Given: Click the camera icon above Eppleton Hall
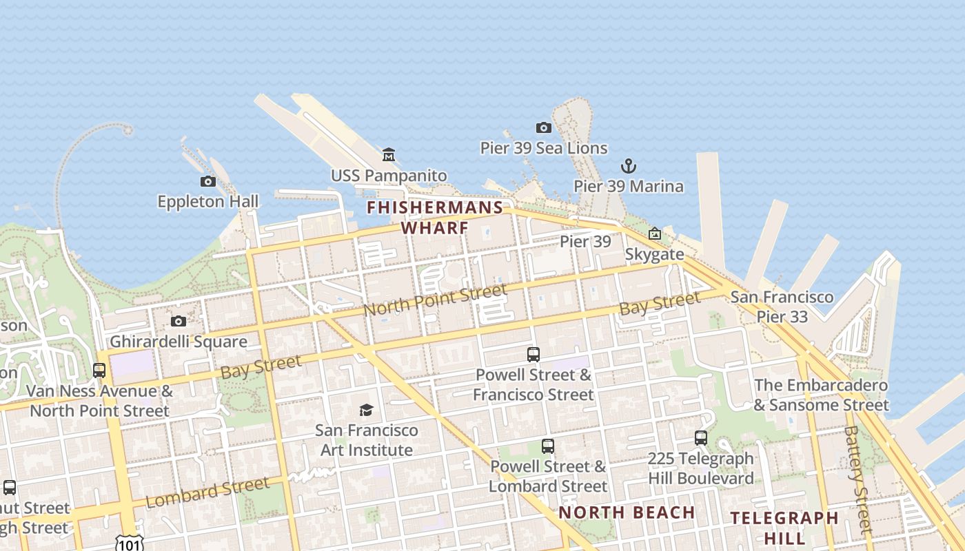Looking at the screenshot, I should click(x=207, y=181).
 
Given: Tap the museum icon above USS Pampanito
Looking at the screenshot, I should click(x=389, y=154).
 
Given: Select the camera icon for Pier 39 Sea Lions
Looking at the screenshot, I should click(x=544, y=127).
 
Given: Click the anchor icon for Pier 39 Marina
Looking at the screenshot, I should click(x=628, y=165).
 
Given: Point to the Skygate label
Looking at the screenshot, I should click(x=654, y=254).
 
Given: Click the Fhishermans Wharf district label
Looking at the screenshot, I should click(x=435, y=217).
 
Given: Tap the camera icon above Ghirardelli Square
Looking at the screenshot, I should click(x=179, y=321).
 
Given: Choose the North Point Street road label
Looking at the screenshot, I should click(x=435, y=300).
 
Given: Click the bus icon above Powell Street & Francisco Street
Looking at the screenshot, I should click(x=533, y=355).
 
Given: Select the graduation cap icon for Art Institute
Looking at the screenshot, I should click(x=366, y=410).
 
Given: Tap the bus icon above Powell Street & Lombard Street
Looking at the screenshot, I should click(x=548, y=446).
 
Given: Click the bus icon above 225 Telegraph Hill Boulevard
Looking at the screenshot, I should click(x=701, y=438).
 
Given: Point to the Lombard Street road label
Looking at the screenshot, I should click(x=207, y=492).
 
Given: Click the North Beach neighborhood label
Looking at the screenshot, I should click(x=627, y=512).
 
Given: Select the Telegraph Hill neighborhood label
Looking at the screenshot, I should click(x=784, y=527).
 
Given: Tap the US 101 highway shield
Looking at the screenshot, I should click(x=129, y=543).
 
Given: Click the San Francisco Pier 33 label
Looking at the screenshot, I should click(x=782, y=307).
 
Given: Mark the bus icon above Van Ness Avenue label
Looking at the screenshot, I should click(x=99, y=370).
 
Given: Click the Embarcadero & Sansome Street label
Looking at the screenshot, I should click(x=821, y=395).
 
